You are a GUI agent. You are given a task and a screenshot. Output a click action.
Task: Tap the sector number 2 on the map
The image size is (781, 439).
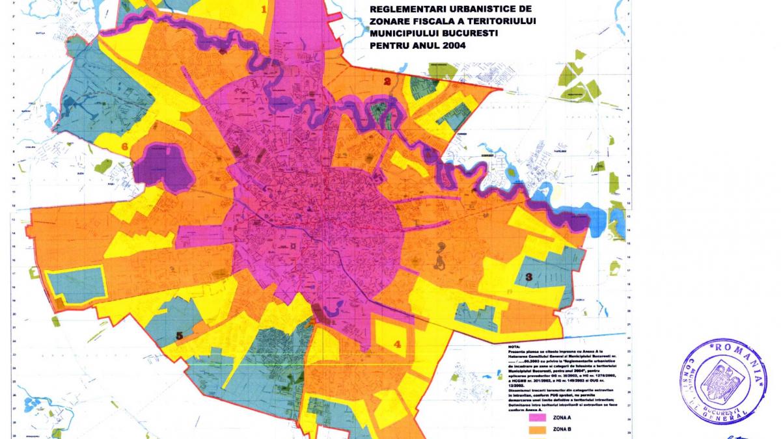coord(387,82)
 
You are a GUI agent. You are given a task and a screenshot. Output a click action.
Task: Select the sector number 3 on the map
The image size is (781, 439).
coord(529,278)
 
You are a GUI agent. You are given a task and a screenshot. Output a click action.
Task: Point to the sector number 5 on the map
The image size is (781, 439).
coord(179,336)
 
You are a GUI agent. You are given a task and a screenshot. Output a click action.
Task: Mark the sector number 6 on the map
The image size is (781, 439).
coord(124,147)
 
